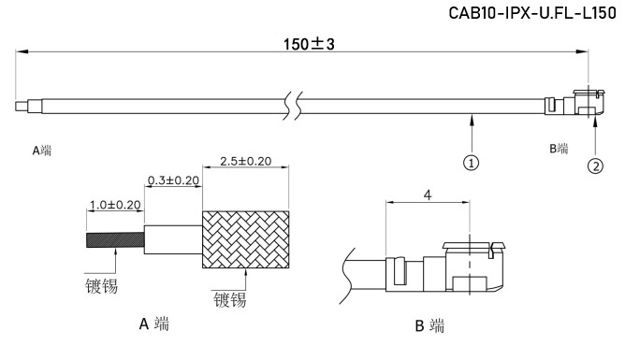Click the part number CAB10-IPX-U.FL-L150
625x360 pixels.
tap(532, 13)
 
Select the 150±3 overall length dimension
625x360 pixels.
tap(309, 44)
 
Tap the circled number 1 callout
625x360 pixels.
tap(472, 163)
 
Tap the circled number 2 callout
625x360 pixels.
tap(595, 166)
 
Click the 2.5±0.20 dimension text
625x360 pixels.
tap(245, 161)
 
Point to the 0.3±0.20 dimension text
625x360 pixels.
tap(173, 180)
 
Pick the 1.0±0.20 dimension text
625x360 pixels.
tap(115, 205)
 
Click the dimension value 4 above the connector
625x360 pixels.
tap(428, 195)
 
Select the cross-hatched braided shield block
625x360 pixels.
tap(245, 239)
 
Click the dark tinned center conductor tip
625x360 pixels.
tap(115, 239)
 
